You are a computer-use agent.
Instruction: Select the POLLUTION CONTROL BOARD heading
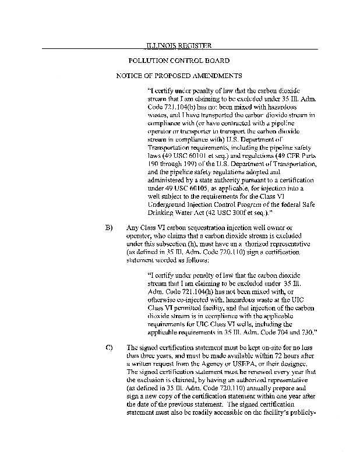point(178,61)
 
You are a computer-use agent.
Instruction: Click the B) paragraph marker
point(108,227)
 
